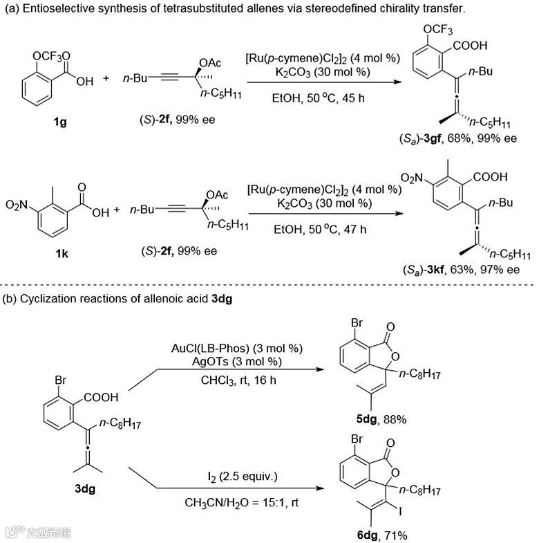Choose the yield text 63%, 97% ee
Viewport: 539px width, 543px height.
tap(484, 270)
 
